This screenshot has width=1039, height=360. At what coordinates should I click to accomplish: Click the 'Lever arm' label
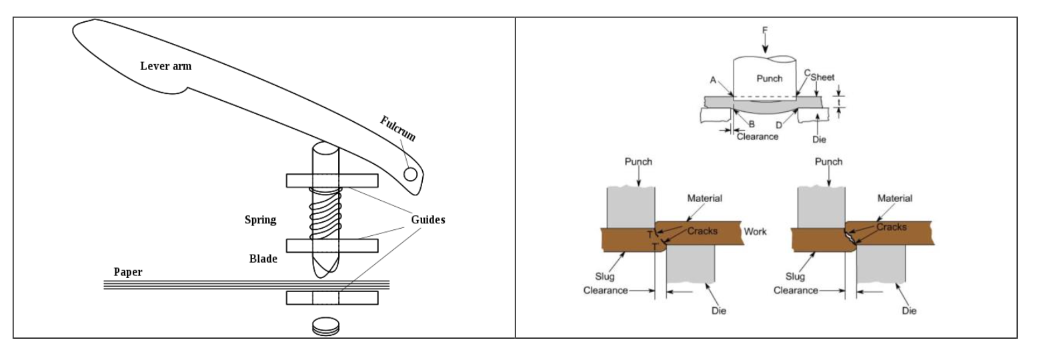pyautogui.click(x=165, y=66)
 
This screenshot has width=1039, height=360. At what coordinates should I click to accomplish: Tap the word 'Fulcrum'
pyautogui.click(x=397, y=129)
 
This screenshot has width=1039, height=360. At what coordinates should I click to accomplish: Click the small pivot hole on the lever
pyautogui.click(x=411, y=174)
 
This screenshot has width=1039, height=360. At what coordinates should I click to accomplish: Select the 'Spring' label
pyautogui.click(x=260, y=220)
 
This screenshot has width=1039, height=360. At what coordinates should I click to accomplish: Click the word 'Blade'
pyautogui.click(x=263, y=259)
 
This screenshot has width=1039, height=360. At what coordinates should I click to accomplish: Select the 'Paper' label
pyautogui.click(x=127, y=272)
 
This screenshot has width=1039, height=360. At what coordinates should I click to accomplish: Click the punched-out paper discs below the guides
pyautogui.click(x=326, y=327)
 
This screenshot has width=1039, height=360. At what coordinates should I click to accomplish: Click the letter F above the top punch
pyautogui.click(x=765, y=30)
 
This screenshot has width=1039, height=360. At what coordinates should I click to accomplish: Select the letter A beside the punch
pyautogui.click(x=713, y=80)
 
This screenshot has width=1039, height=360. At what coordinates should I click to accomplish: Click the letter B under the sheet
pyautogui.click(x=750, y=123)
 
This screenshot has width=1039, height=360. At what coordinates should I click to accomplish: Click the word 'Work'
pyautogui.click(x=755, y=231)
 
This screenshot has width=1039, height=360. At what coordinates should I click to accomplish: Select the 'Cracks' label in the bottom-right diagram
pyautogui.click(x=891, y=227)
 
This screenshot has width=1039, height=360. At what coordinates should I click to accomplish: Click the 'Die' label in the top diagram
pyautogui.click(x=819, y=139)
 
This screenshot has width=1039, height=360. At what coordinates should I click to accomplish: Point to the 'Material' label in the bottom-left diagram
pyautogui.click(x=704, y=198)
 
